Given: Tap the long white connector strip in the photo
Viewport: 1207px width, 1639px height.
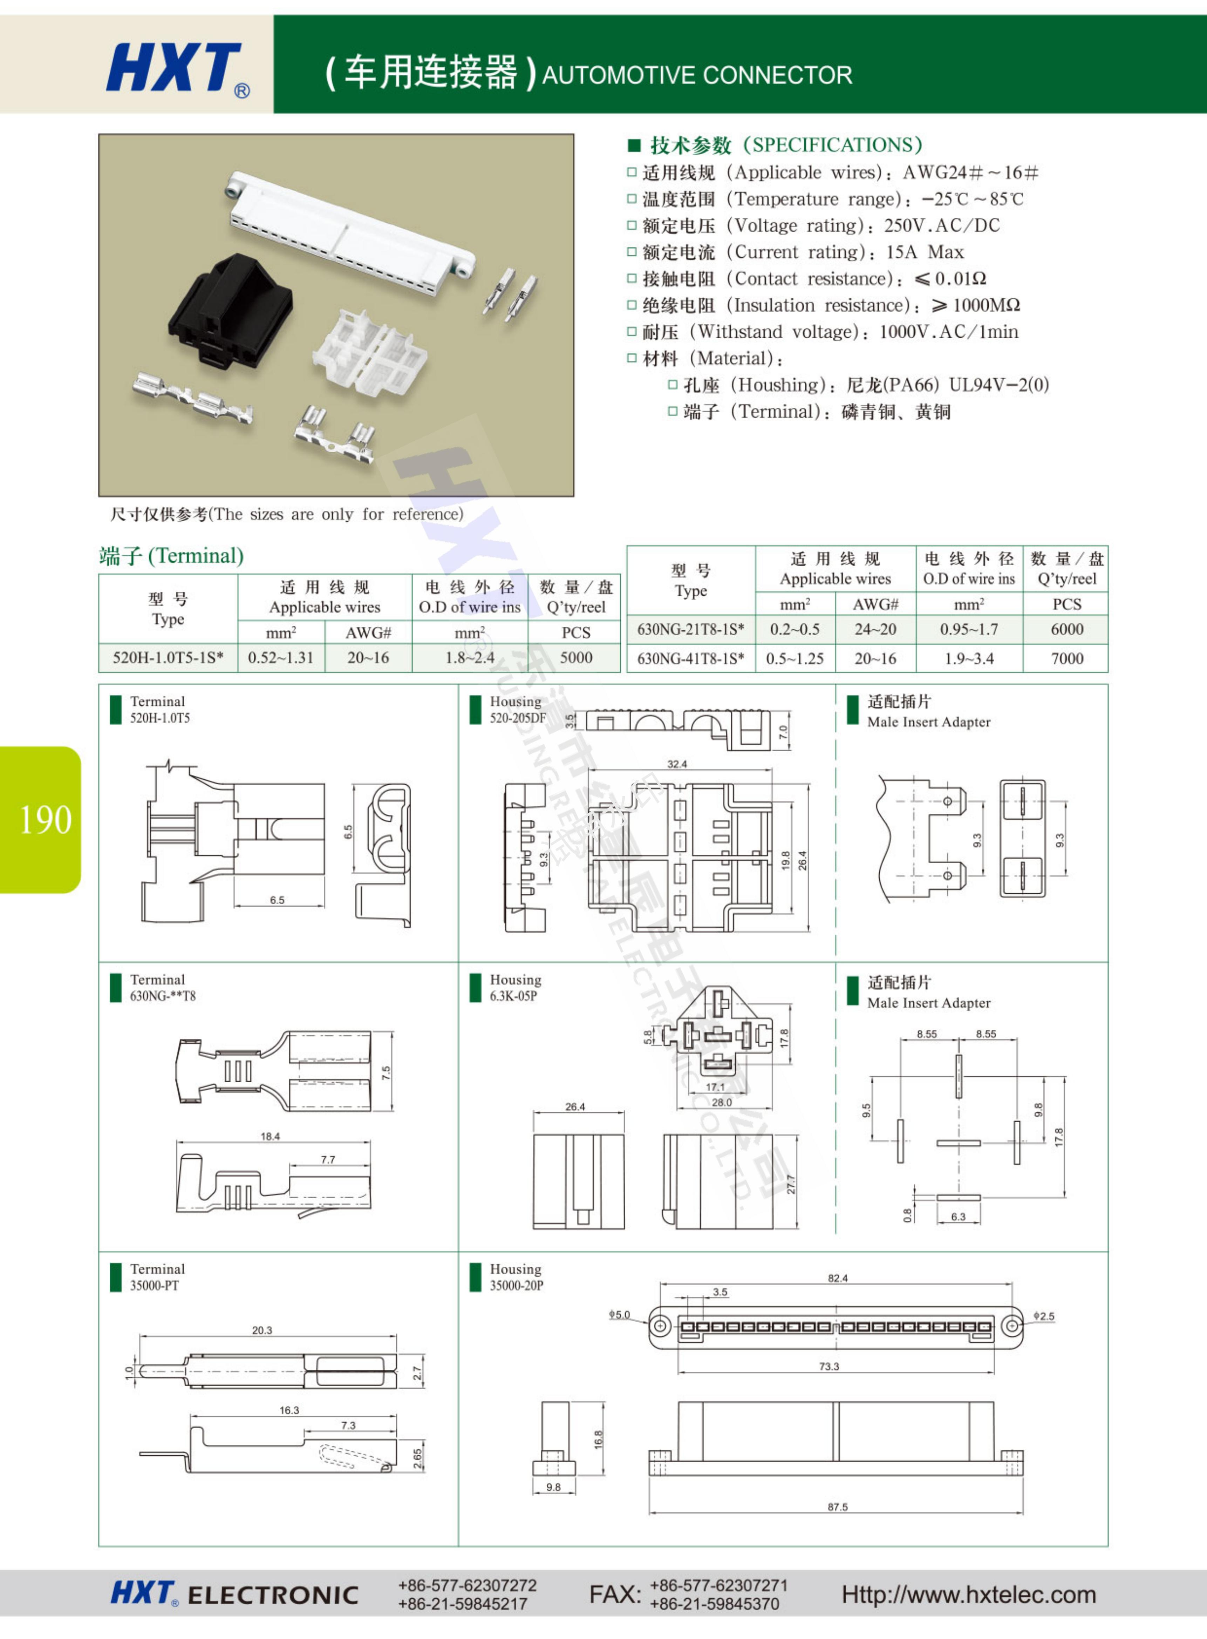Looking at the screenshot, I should pos(351,226).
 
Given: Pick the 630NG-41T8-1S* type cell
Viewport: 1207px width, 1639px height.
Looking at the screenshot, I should pos(690,658).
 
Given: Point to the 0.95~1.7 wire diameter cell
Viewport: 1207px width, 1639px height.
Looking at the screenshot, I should pos(969,629).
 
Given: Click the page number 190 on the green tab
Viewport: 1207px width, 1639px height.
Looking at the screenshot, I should pos(45,820).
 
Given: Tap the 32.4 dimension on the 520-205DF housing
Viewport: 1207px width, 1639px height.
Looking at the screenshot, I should pos(676,764).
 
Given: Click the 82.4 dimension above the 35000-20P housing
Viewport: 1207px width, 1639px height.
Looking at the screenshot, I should pos(837,1278).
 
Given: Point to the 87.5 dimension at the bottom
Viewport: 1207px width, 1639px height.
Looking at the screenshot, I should pos(837,1507).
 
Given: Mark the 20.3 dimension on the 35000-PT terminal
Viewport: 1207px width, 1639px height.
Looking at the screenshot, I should pos(261,1330).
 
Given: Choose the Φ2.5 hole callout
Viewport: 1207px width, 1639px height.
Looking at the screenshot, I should pos(1044,1316).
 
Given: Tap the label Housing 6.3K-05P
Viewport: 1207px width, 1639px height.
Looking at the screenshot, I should pos(515,987).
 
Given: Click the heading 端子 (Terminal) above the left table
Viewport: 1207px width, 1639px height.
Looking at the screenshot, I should pos(171,556).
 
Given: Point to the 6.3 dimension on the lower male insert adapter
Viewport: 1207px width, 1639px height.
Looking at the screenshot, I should pos(958,1217).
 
